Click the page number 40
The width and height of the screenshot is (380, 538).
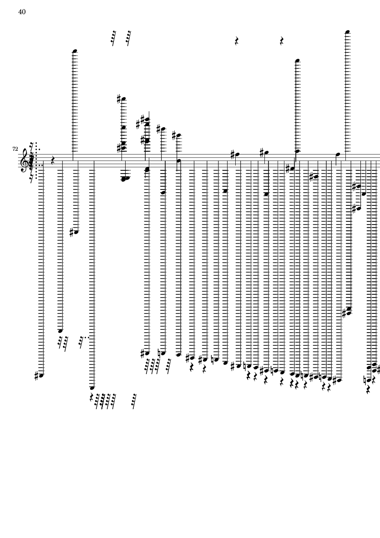(x=22, y=12)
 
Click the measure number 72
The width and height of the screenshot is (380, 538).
(x=15, y=149)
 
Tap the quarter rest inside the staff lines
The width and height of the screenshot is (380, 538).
(x=53, y=160)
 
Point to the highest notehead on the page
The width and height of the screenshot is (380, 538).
(x=348, y=32)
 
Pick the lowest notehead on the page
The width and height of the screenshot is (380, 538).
(x=92, y=388)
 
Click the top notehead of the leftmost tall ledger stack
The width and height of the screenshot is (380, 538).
(x=75, y=51)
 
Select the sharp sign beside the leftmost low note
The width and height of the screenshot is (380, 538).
(x=37, y=376)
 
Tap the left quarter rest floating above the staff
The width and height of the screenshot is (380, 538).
(x=237, y=41)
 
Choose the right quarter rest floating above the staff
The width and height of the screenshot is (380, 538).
(x=282, y=41)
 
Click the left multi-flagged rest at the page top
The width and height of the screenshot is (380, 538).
(x=113, y=38)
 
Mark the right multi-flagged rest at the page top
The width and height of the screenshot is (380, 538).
(x=128, y=38)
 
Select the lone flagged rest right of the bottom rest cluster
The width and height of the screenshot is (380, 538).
(x=134, y=401)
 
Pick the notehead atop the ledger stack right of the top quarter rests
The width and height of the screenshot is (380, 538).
(x=297, y=61)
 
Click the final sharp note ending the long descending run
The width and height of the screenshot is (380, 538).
(x=339, y=380)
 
